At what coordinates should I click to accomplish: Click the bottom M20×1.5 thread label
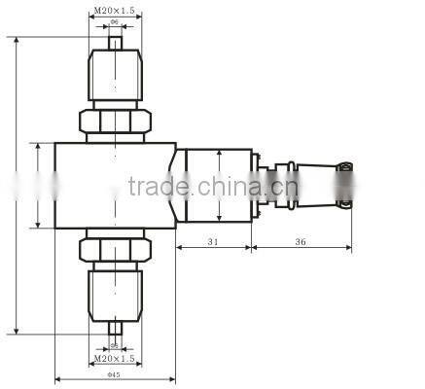[x=114, y=361]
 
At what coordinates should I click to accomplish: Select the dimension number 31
[x=213, y=240]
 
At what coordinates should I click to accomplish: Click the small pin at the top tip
[x=114, y=42]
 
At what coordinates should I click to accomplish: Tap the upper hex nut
[x=114, y=120]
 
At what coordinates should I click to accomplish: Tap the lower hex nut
[x=114, y=250]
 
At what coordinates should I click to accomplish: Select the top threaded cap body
[x=114, y=75]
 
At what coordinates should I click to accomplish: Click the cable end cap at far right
[x=344, y=185]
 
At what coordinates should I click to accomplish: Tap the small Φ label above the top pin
[x=114, y=20]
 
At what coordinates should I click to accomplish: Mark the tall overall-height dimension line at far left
[x=18, y=185]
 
